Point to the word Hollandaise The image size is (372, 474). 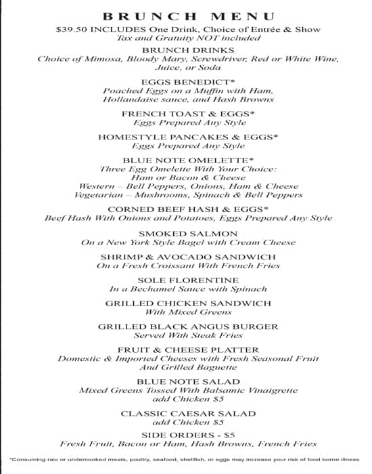coord(130,100)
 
